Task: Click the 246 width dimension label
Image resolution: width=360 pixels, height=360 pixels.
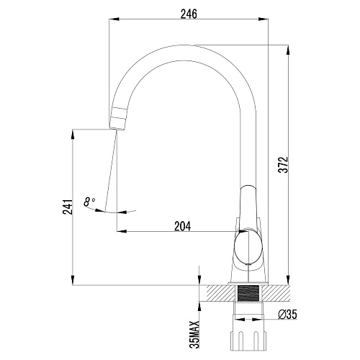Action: (189, 14)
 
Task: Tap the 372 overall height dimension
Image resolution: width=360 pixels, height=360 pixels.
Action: (283, 165)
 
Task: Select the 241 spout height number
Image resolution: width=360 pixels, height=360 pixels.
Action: (68, 207)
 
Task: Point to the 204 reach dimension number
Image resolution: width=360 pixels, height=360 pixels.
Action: (183, 226)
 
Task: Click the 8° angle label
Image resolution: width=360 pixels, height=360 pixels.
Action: (89, 202)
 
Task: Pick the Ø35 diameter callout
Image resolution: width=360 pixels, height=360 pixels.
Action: (287, 315)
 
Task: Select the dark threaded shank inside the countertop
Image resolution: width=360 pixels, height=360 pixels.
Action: (248, 293)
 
